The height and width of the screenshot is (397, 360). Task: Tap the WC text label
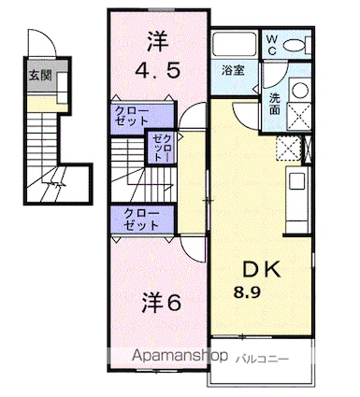coord(272,44)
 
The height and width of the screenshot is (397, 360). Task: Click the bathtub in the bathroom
coord(231,46)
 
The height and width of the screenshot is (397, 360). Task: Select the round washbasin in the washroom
coord(301,91)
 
